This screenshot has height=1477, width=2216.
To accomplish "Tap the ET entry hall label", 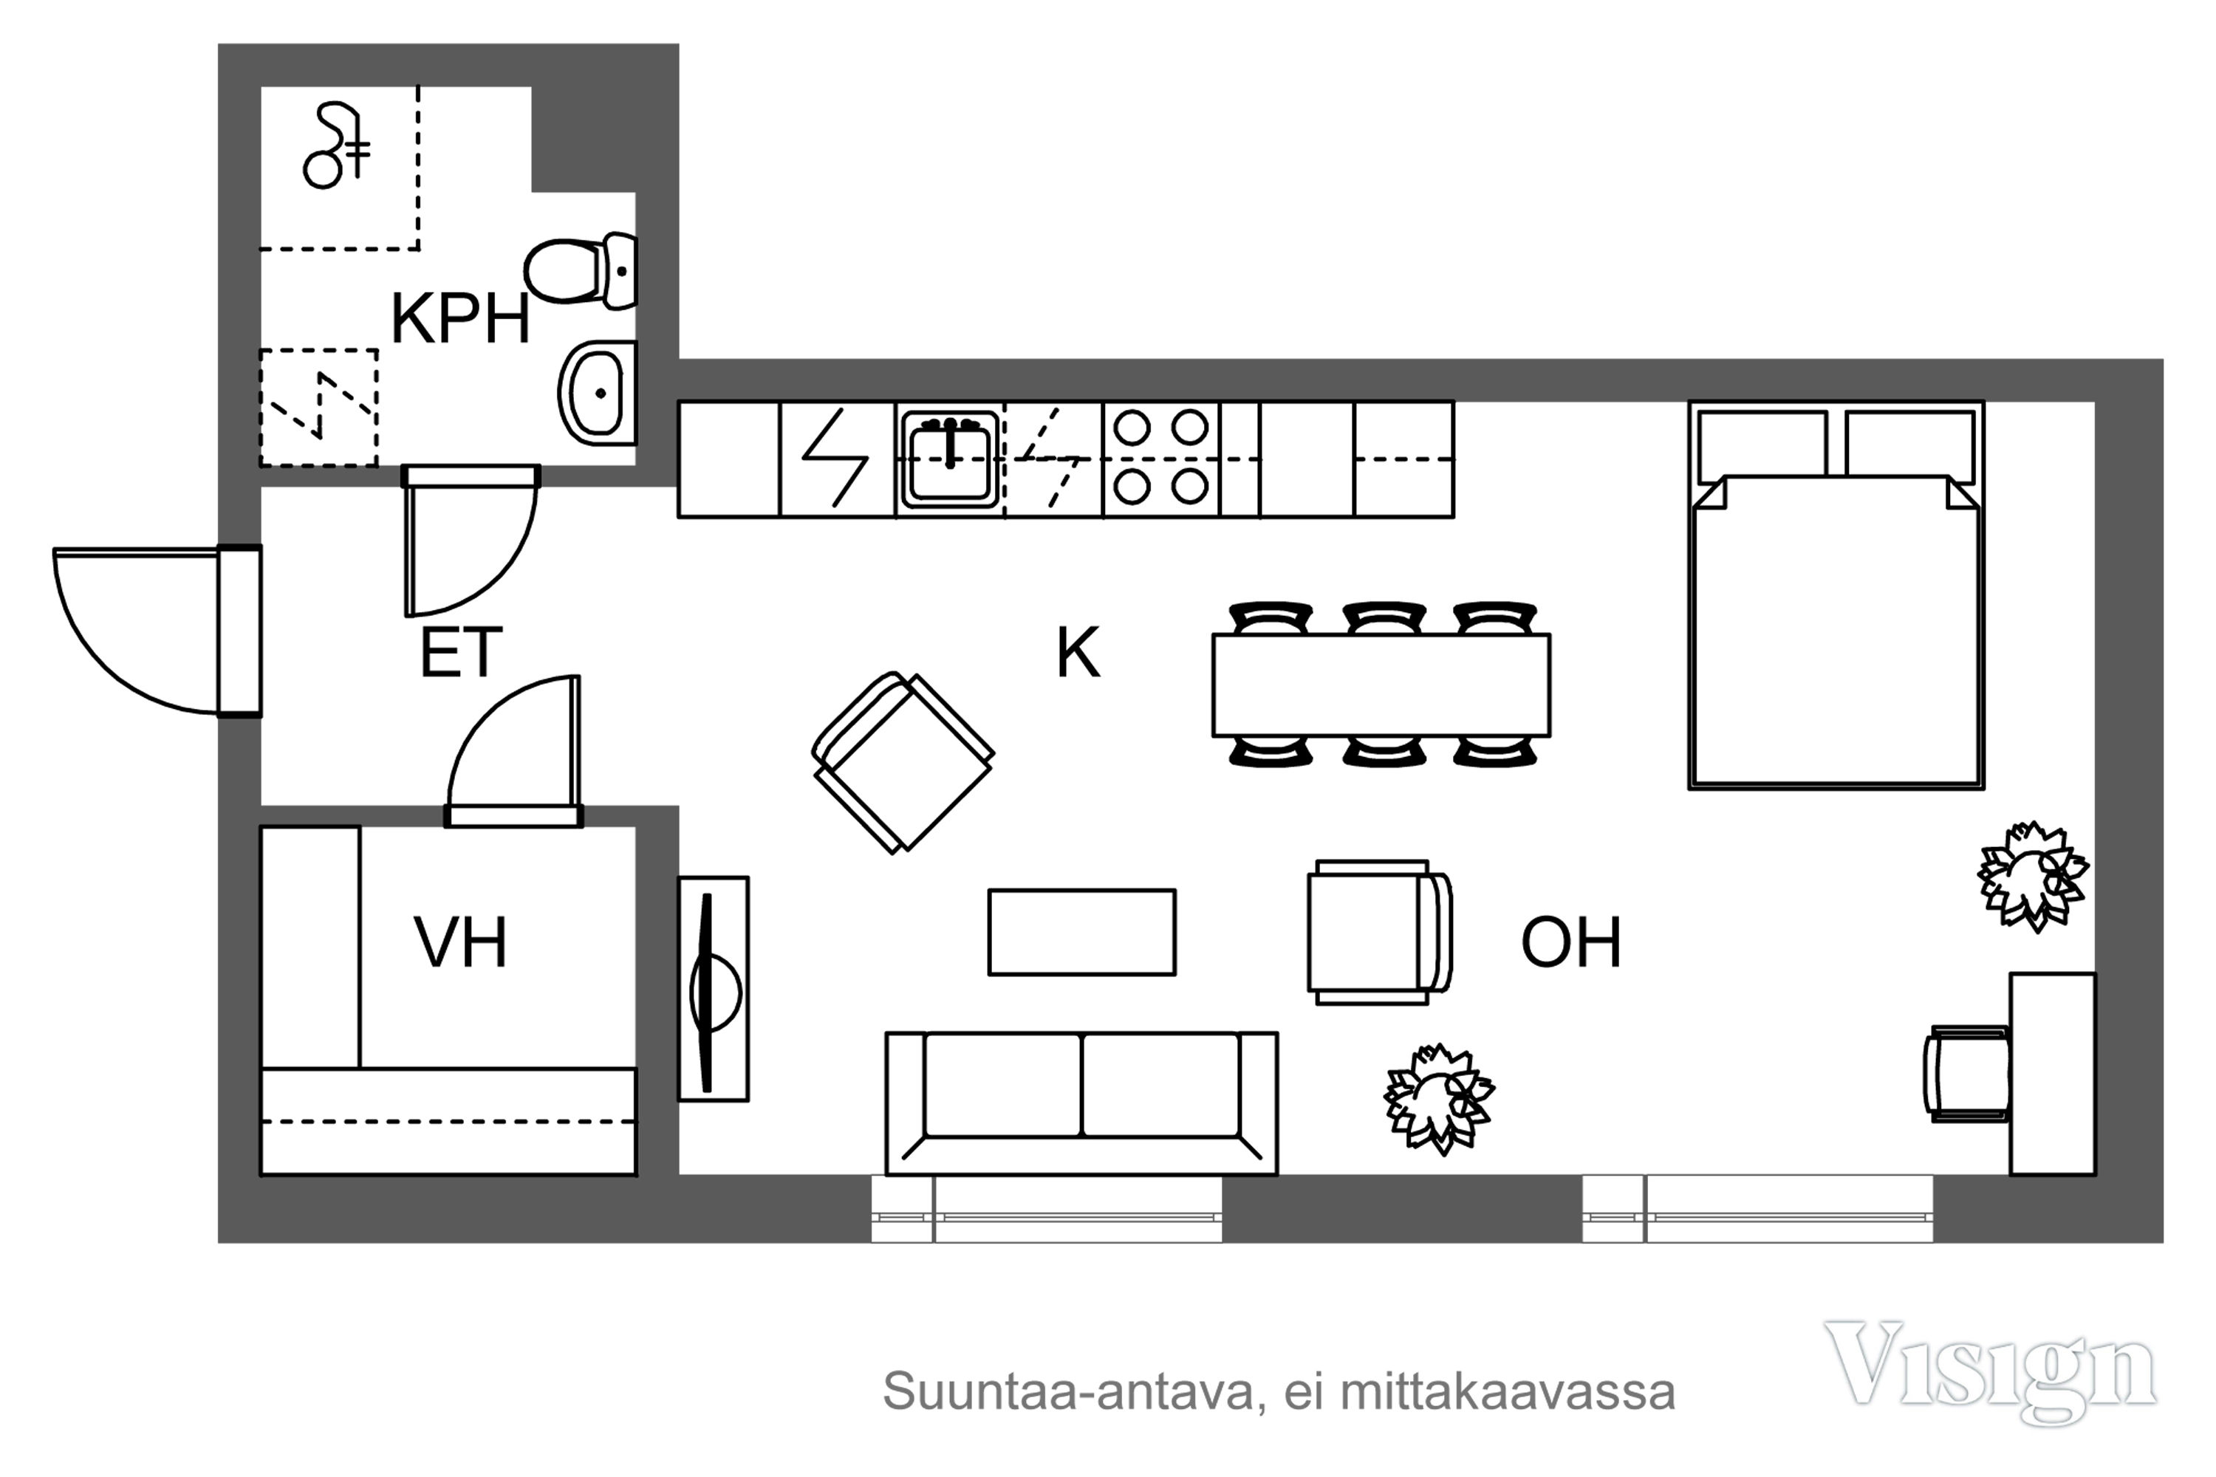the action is (461, 652).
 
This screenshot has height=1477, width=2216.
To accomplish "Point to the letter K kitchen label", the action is (1078, 652).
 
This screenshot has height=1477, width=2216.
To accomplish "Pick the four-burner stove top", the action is (1160, 459).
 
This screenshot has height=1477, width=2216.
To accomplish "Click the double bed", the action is (1836, 595).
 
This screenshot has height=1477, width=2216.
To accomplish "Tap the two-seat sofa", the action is (1081, 1103).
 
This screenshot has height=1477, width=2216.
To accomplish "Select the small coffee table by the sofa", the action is (1081, 931).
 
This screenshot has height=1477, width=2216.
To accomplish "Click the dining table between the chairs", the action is (1381, 685).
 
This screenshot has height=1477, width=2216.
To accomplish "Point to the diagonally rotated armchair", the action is (903, 763).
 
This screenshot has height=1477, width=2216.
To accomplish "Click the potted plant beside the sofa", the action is (1439, 1098).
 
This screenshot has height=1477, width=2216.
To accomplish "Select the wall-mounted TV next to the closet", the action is (714, 989).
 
